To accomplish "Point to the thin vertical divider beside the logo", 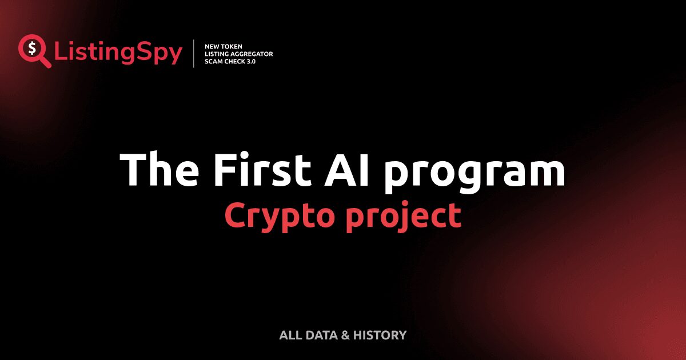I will pos(194,54).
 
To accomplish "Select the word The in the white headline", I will pos(154,170).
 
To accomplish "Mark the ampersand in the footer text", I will pos(345,335).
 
